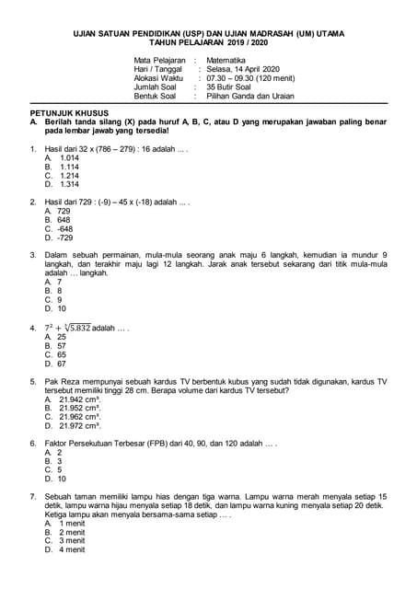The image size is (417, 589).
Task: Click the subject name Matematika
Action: point(226,60)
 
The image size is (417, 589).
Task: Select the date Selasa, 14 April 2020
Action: point(242,69)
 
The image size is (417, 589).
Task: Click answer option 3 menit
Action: point(72,540)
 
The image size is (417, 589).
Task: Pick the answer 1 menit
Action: point(72,523)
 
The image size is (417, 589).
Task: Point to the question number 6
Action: point(33,443)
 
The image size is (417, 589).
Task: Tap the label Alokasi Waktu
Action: point(161,78)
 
